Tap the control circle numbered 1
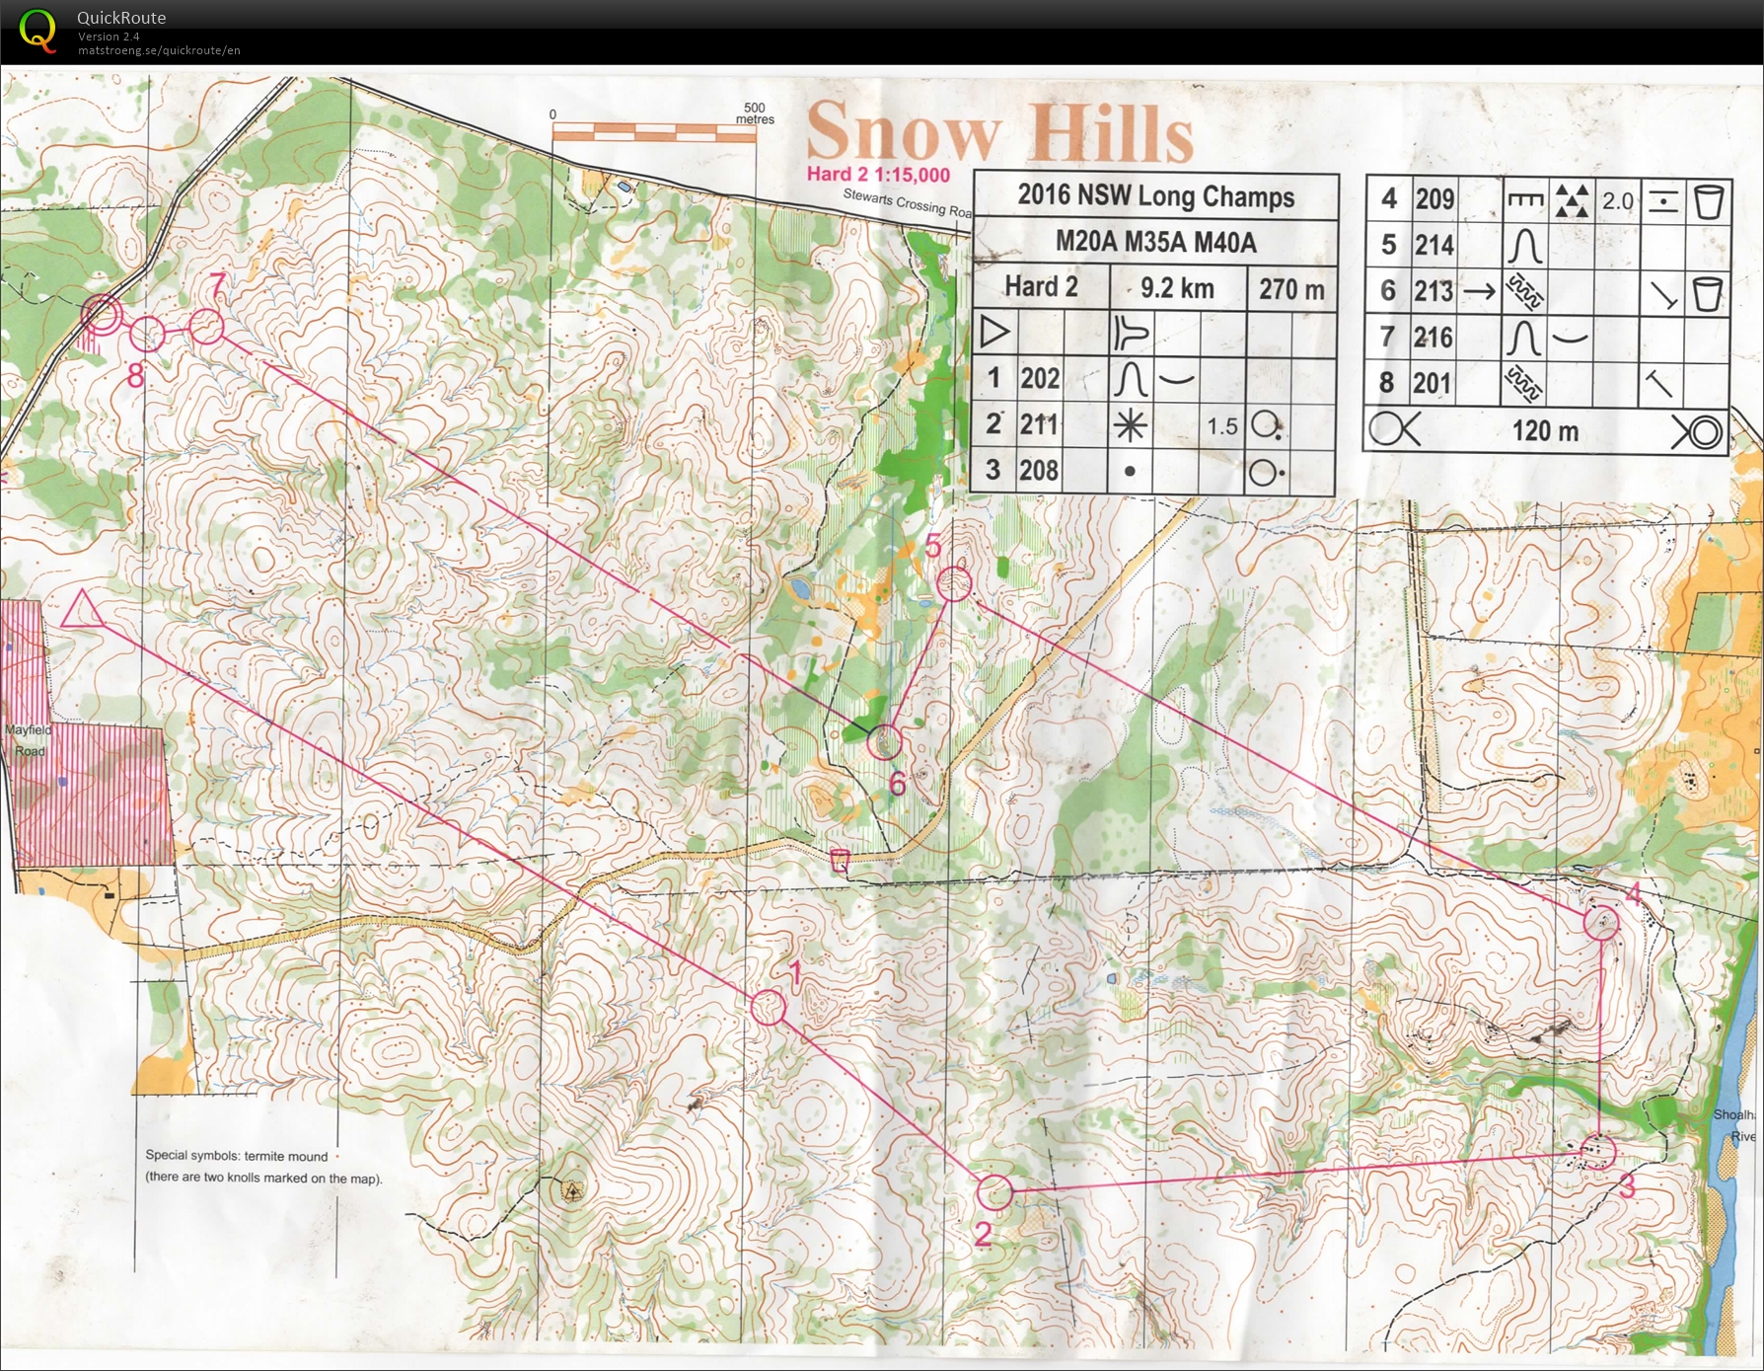[x=769, y=1008]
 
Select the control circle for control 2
[x=994, y=1192]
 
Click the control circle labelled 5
[x=955, y=583]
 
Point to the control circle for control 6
[x=884, y=740]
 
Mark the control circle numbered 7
[x=206, y=327]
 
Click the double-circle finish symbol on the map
[x=101, y=316]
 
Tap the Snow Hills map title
[x=999, y=132]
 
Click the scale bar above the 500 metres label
[x=653, y=130]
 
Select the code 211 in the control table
[x=1039, y=424]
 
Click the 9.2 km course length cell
[x=1177, y=288]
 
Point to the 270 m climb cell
[x=1290, y=289]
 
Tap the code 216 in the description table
[x=1433, y=338]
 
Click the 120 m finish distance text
[x=1545, y=431]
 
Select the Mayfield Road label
[x=28, y=740]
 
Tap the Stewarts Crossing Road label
[x=906, y=201]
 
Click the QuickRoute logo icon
[x=37, y=31]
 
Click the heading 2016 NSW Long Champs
[x=1155, y=195]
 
